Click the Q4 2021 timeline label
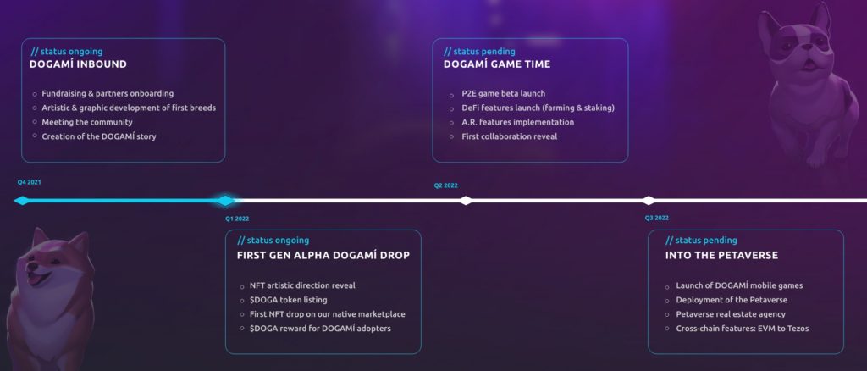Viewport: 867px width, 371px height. [30, 182]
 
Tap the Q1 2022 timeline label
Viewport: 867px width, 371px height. [237, 219]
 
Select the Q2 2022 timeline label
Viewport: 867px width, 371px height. [445, 185]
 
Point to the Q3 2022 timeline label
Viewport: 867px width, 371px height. [656, 218]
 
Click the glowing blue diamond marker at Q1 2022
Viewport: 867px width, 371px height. [224, 200]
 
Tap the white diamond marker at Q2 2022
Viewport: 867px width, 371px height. [467, 200]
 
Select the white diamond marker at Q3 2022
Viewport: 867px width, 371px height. [649, 200]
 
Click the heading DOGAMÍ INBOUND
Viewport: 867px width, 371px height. [78, 64]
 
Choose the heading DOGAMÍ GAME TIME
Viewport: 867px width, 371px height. [497, 64]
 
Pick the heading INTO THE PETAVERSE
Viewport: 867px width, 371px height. [721, 256]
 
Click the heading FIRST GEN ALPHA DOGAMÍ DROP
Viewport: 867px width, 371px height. [323, 256]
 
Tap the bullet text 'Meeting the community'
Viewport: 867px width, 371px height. [87, 122]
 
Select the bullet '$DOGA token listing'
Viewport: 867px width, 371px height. [289, 300]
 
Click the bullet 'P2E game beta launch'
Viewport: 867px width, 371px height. [504, 93]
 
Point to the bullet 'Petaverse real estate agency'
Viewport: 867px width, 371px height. [731, 314]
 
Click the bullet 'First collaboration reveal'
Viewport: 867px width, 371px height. [510, 136]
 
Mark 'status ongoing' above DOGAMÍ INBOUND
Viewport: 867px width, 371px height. [72, 52]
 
